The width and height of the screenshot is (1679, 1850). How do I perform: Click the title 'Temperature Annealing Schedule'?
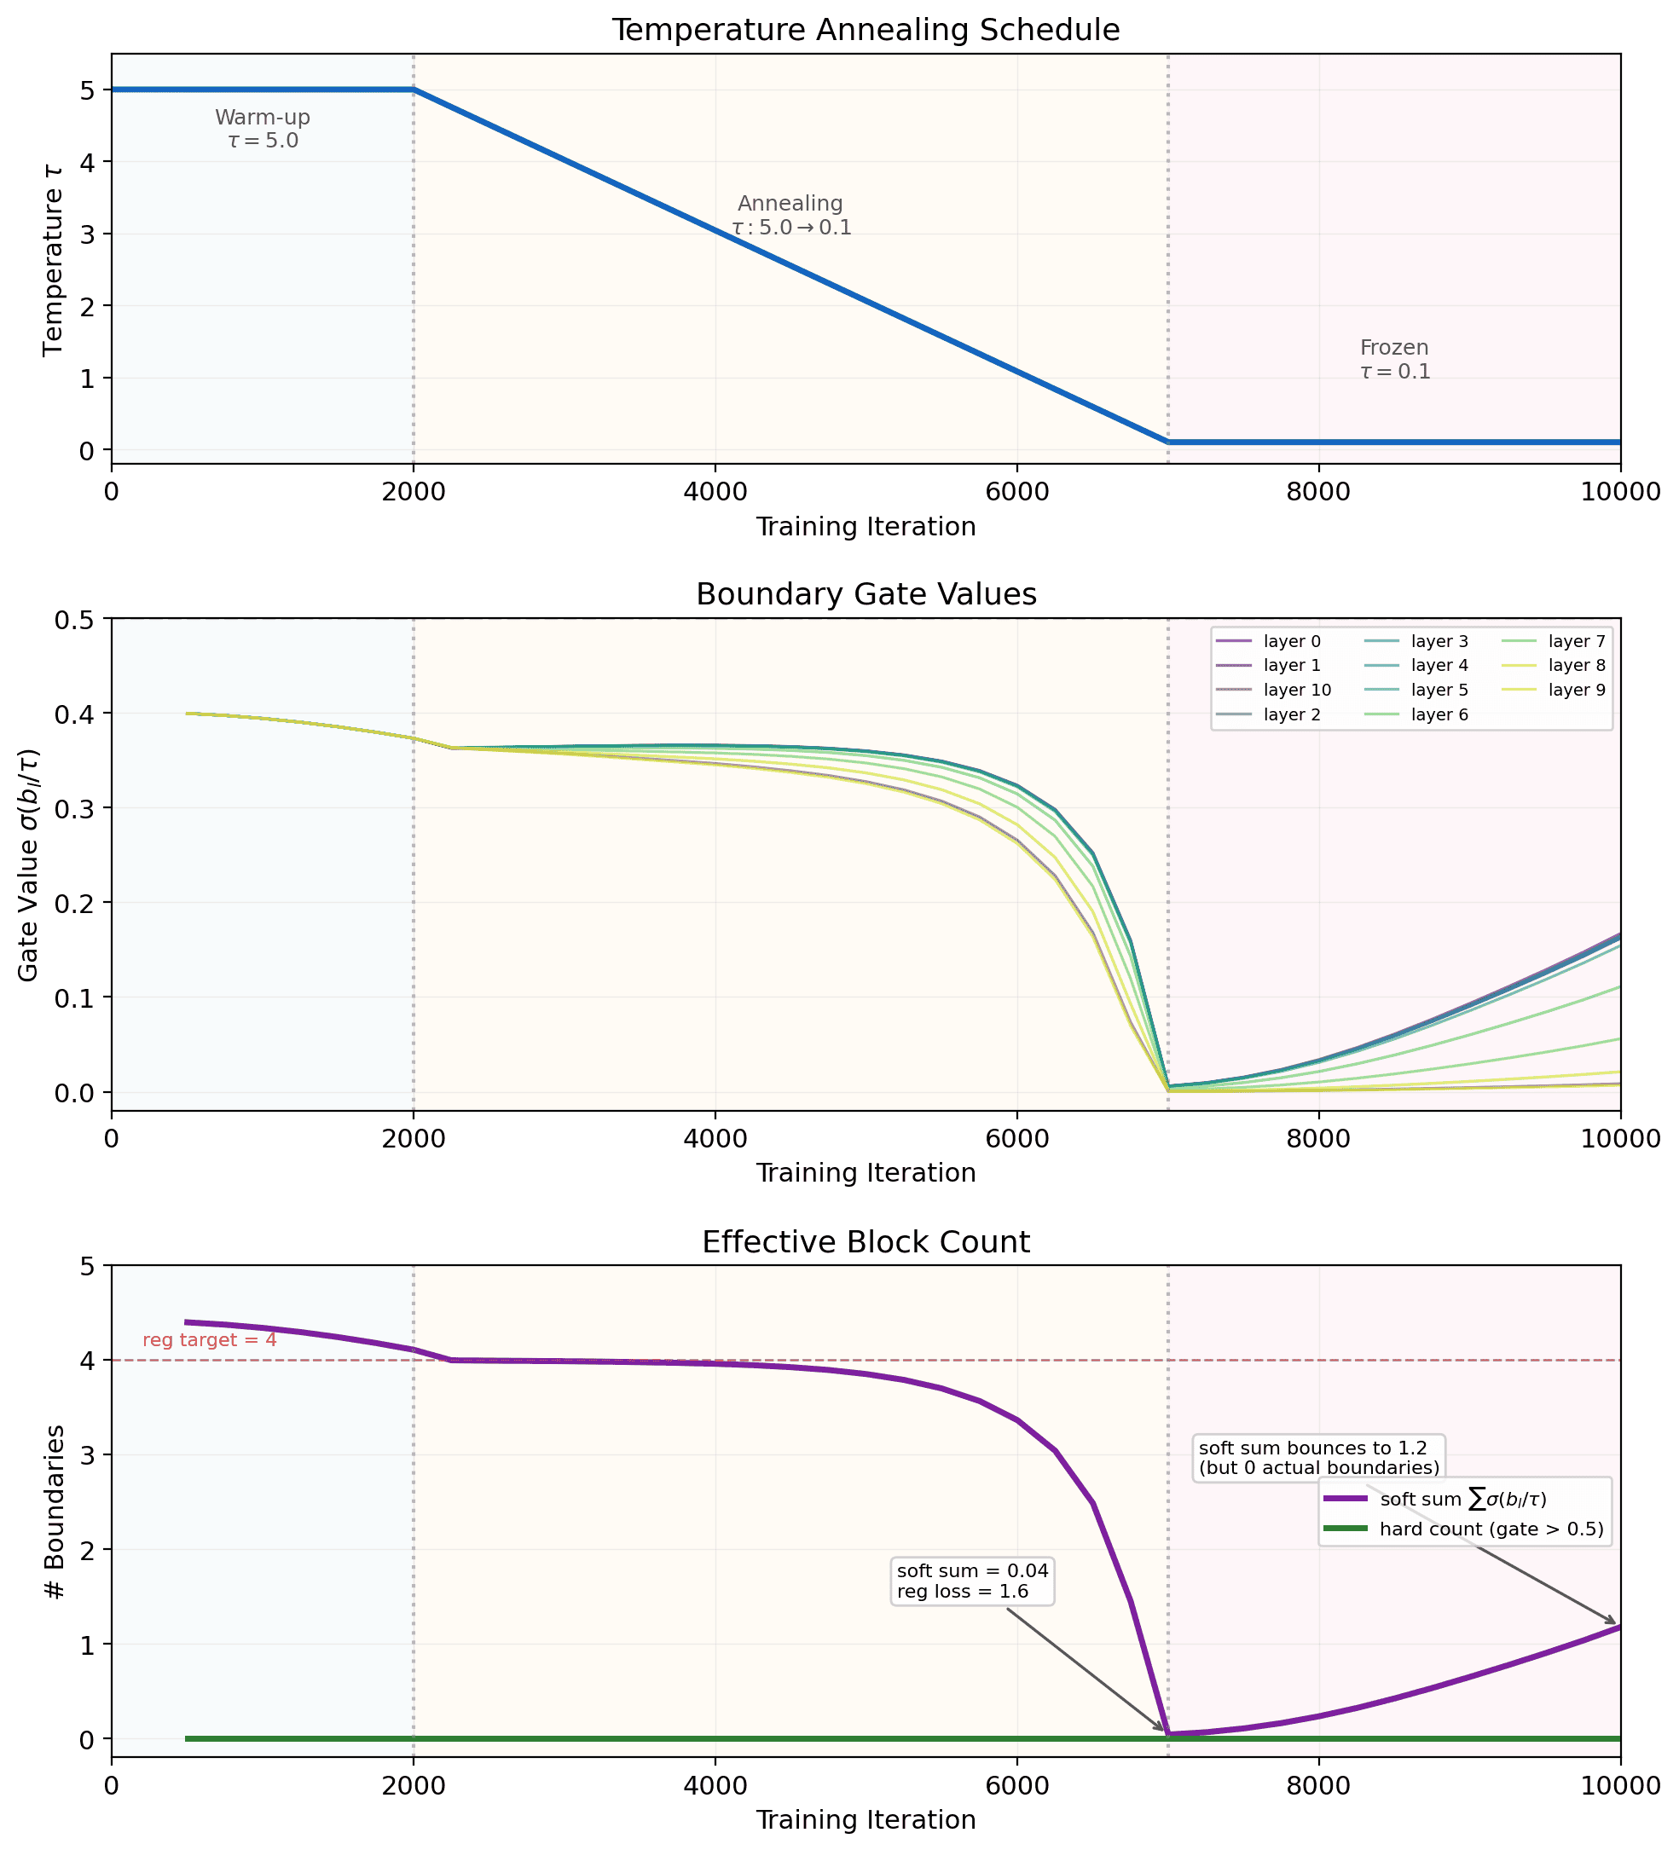(x=866, y=31)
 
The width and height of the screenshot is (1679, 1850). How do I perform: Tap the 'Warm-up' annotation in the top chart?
(x=263, y=119)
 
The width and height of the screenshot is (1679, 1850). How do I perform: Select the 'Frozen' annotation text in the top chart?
(x=1393, y=349)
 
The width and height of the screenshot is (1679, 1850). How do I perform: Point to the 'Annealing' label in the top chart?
(x=790, y=204)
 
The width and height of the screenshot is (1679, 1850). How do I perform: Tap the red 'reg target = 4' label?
(x=209, y=1340)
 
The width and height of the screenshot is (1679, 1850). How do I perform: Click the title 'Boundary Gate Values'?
(x=866, y=595)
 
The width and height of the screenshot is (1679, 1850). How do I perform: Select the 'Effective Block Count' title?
(x=866, y=1241)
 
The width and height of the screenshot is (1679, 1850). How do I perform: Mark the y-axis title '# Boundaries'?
(x=55, y=1512)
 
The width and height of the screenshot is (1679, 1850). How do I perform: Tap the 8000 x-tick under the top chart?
(x=1318, y=493)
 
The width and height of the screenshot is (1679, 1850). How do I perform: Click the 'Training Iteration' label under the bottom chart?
(x=866, y=1819)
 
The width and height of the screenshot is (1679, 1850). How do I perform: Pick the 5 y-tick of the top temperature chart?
(x=88, y=90)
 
